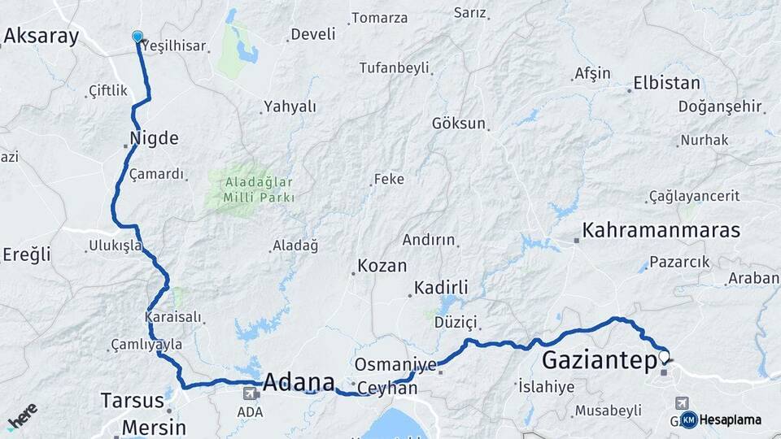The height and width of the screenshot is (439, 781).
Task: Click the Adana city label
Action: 299,382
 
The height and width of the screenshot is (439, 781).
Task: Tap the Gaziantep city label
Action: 600,359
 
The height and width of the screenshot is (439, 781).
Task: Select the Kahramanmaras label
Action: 661,230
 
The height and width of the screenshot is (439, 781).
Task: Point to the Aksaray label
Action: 41,36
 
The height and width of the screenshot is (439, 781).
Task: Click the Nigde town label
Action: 154,138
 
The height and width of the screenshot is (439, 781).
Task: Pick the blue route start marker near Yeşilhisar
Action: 137,37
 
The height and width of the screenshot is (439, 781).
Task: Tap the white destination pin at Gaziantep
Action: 664,356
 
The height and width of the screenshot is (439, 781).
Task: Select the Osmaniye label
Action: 395,364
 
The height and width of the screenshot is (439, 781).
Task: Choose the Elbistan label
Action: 666,83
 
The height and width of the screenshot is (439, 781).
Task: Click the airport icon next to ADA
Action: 251,393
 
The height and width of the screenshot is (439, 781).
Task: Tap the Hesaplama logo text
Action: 730,419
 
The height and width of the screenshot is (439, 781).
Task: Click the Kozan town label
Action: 382,266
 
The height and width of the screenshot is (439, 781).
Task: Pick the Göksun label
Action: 458,124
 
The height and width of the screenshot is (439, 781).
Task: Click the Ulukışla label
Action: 116,245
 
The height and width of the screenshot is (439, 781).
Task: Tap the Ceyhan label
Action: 387,389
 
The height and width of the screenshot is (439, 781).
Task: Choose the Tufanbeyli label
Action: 394,67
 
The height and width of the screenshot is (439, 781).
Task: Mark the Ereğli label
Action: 26,254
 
